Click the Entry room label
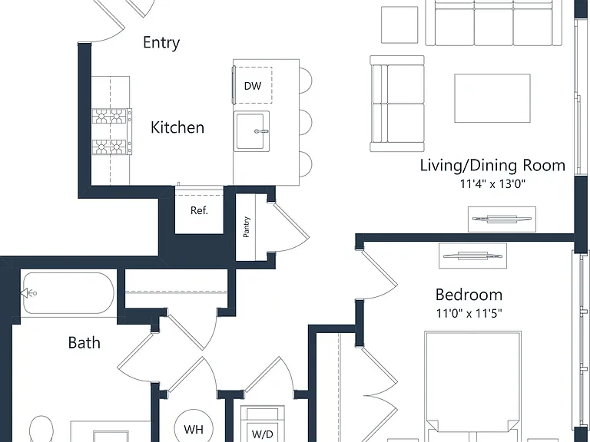pyautogui.click(x=161, y=42)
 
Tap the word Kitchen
pyautogui.click(x=177, y=127)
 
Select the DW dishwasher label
pyautogui.click(x=253, y=86)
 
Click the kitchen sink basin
pyautogui.click(x=252, y=130)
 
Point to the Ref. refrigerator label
pyautogui.click(x=199, y=210)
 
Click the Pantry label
pyautogui.click(x=247, y=226)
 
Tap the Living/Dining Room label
pyautogui.click(x=492, y=166)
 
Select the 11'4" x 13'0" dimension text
pyautogui.click(x=492, y=184)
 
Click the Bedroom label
pyautogui.click(x=469, y=295)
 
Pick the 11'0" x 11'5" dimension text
pyautogui.click(x=469, y=313)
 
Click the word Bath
pyautogui.click(x=85, y=343)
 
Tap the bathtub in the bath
pyautogui.click(x=68, y=293)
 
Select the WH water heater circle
pyautogui.click(x=194, y=427)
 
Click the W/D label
pyautogui.click(x=262, y=434)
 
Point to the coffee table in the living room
pyautogui.click(x=492, y=98)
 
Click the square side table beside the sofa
pyautogui.click(x=399, y=25)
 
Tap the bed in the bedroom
pyautogui.click(x=473, y=387)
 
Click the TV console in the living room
pyautogui.click(x=502, y=219)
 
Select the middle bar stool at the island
pyautogui.click(x=306, y=123)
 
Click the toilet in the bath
pyautogui.click(x=41, y=429)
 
